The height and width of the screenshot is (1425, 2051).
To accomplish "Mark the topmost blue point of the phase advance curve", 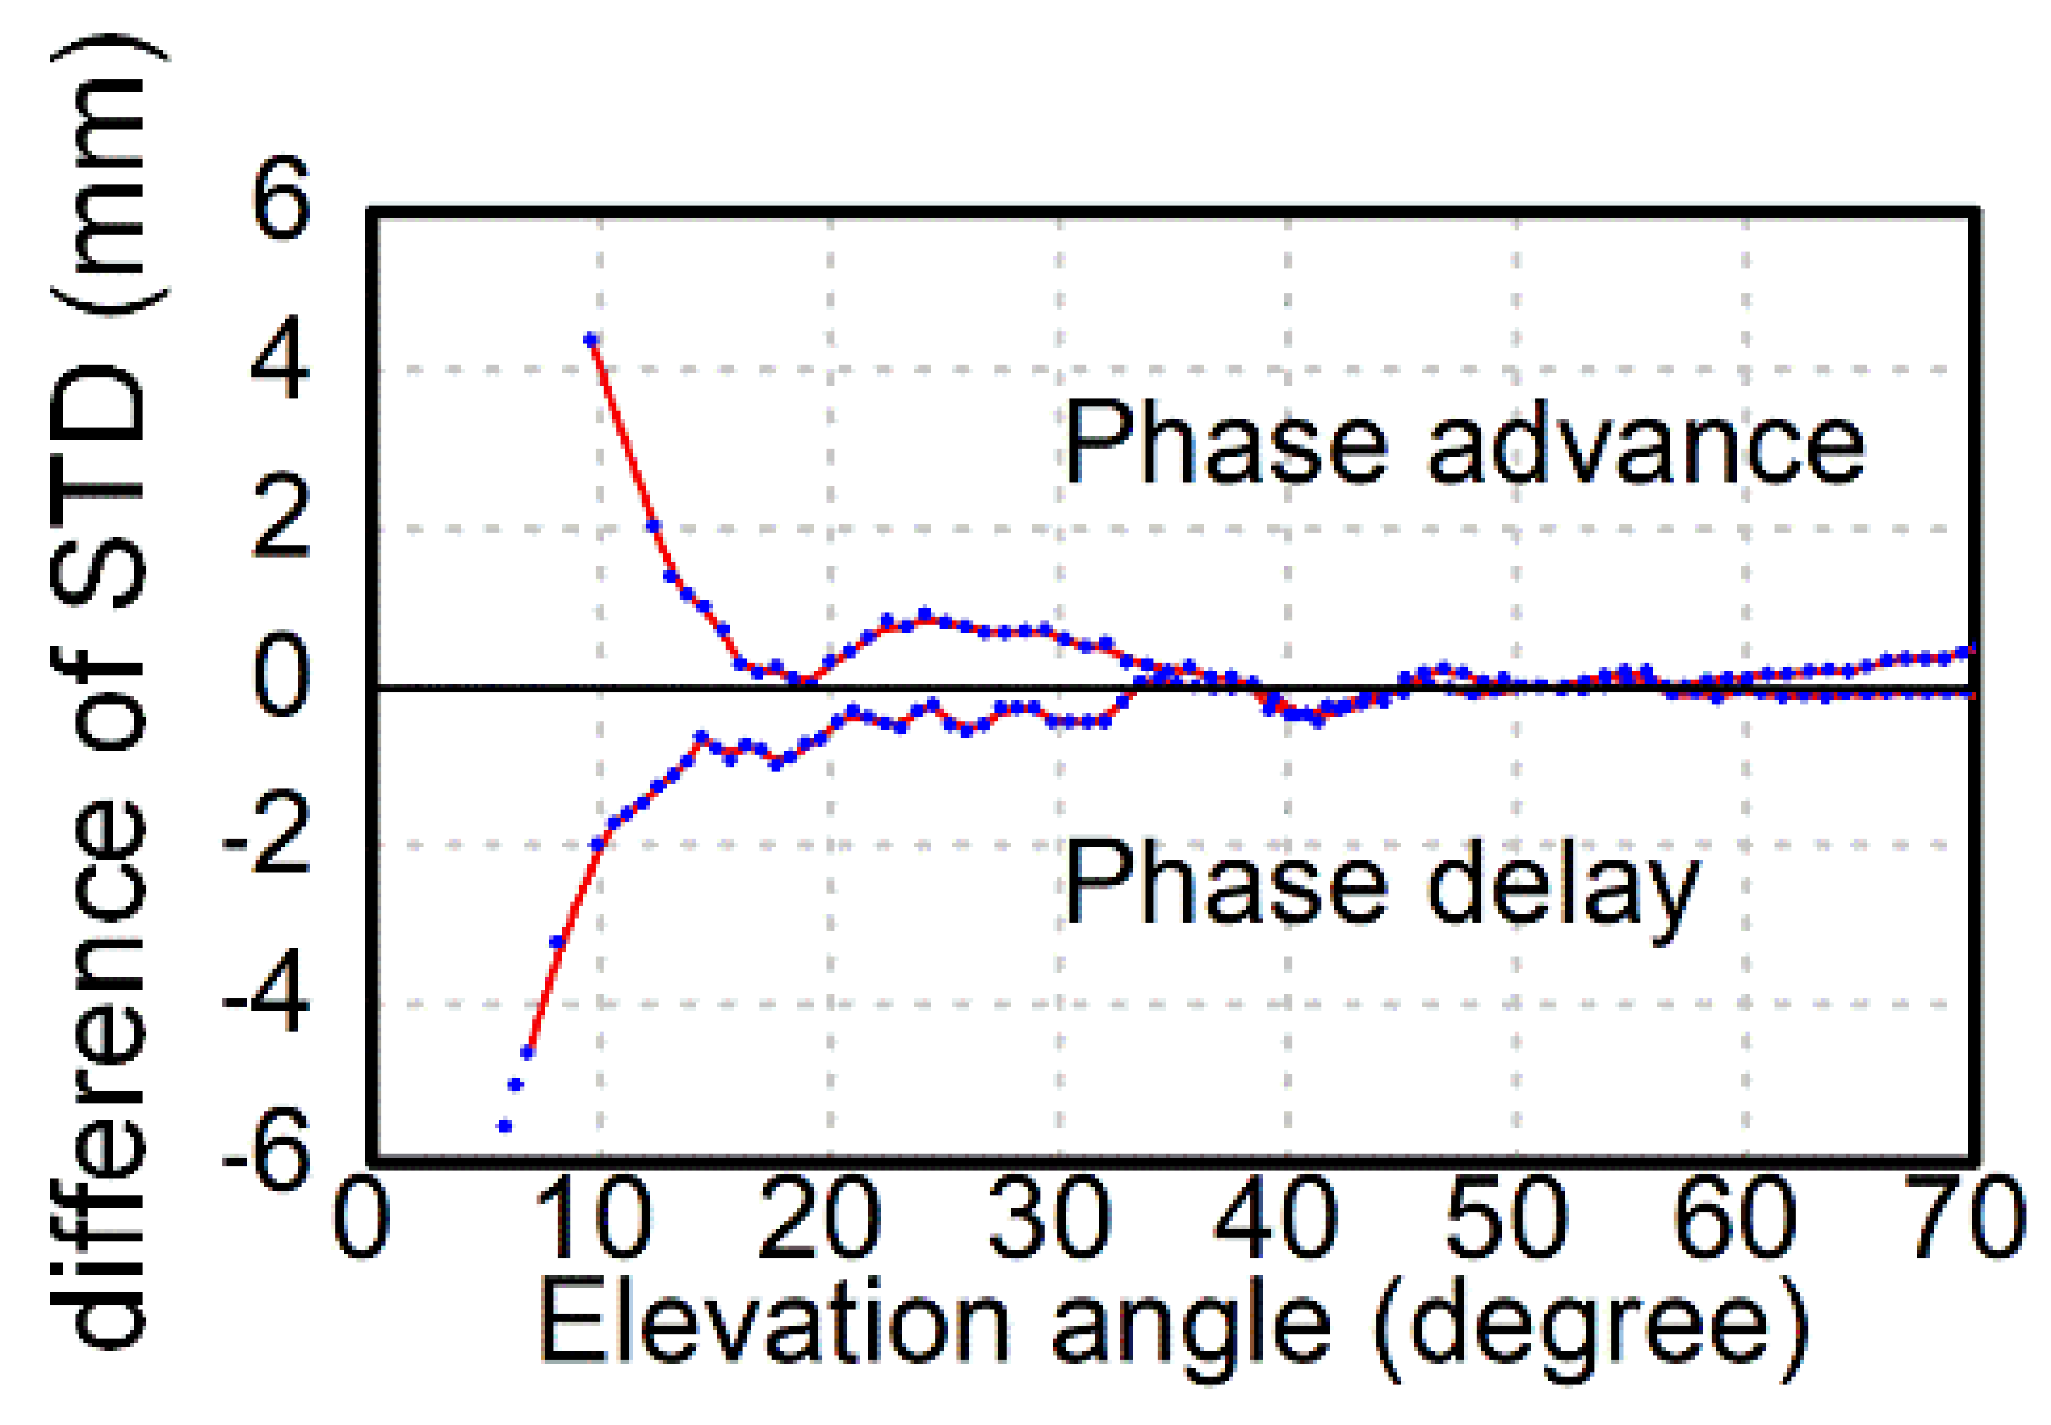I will point(589,340).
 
